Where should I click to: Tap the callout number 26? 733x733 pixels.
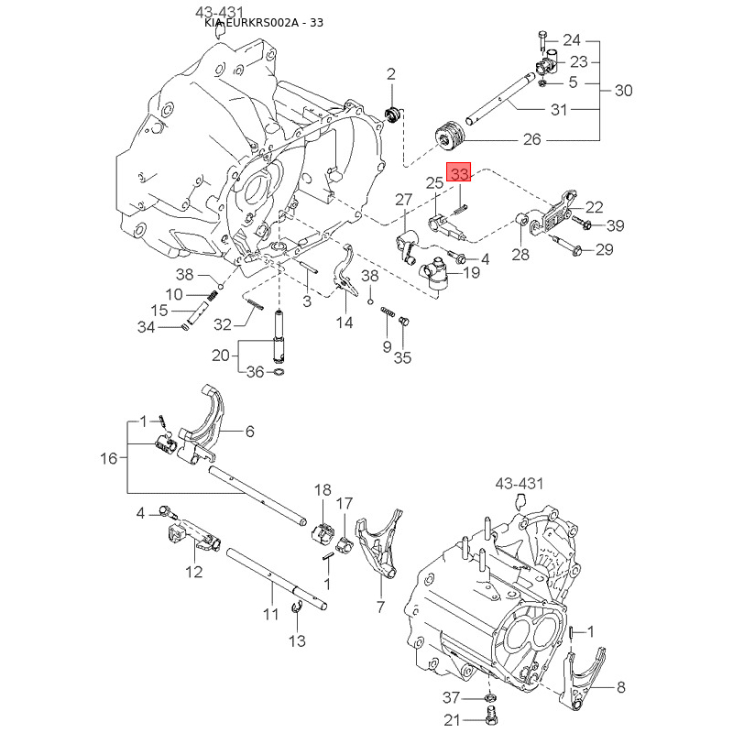coord(531,140)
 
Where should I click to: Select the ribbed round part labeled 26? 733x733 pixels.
coord(450,134)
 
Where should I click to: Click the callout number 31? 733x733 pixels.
coord(558,110)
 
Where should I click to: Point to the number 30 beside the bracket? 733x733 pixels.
coord(623,91)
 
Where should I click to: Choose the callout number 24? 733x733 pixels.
coord(572,39)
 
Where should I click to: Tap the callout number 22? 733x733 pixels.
coord(595,207)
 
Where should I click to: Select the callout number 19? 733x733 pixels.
coord(471,273)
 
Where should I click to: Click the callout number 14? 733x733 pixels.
coord(344,323)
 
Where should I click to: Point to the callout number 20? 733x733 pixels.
coord(221,356)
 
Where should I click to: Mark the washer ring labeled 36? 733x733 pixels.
coord(279,372)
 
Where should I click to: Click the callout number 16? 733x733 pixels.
coord(109,458)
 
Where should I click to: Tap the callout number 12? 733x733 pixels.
coord(193,574)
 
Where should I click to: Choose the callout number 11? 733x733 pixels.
coord(270,614)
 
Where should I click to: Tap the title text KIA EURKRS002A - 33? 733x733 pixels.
coord(264,23)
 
